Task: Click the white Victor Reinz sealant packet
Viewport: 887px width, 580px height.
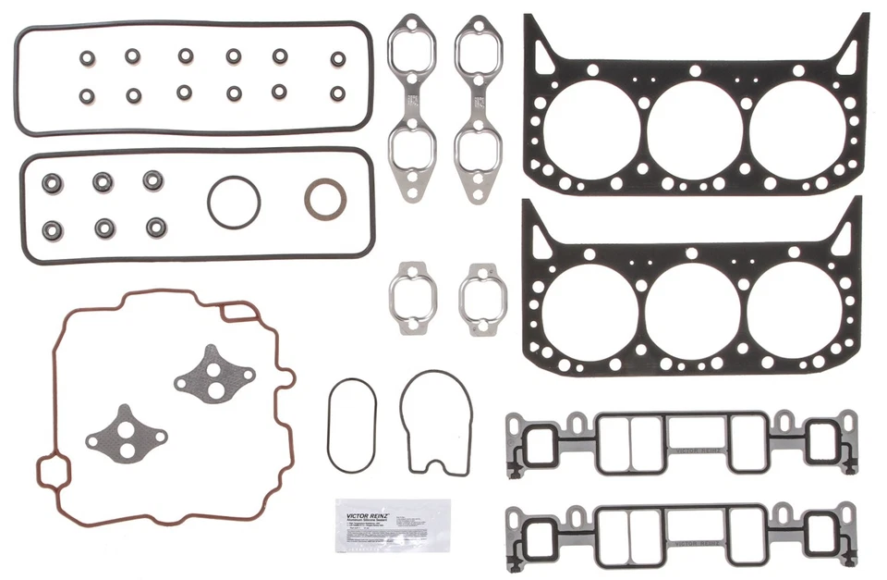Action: (x=393, y=526)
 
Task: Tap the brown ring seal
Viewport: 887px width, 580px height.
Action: (x=326, y=199)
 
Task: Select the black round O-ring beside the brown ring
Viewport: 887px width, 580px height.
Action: (x=234, y=201)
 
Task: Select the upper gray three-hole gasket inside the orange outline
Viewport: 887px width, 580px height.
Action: (x=213, y=374)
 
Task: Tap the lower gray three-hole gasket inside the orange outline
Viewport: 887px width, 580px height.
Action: (x=125, y=433)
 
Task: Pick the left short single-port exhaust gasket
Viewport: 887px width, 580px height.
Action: (x=411, y=297)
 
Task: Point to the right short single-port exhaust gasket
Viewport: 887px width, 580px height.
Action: (x=481, y=299)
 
